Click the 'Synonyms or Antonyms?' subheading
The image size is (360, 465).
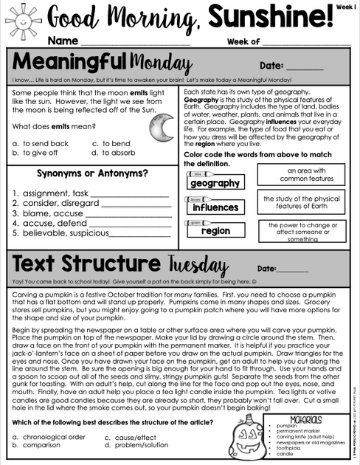(92, 173)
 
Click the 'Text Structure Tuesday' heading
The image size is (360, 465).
(118, 265)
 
